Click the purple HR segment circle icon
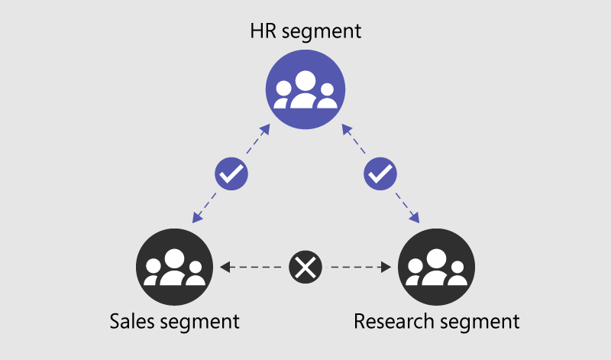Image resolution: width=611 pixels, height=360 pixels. click(305, 91)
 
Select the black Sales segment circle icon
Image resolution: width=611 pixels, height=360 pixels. click(174, 268)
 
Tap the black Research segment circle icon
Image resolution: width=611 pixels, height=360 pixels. click(437, 268)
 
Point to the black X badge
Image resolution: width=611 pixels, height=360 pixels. click(305, 268)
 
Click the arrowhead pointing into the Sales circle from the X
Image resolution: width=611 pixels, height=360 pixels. click(224, 268)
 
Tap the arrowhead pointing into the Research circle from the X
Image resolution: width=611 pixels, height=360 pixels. click(387, 268)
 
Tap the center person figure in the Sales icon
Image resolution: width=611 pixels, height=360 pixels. click(174, 267)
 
